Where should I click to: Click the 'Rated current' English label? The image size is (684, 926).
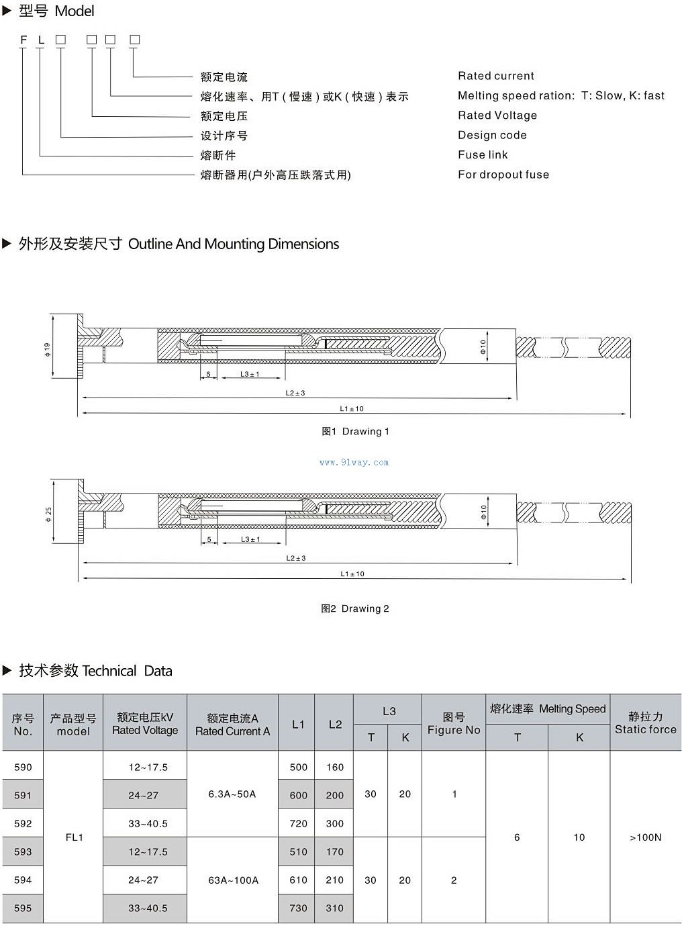tap(496, 76)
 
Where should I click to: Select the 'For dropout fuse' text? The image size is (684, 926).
tap(503, 175)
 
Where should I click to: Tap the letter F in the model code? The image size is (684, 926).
tap(23, 40)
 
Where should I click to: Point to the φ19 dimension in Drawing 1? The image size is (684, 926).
tap(47, 350)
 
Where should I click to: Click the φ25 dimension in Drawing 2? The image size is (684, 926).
tap(48, 515)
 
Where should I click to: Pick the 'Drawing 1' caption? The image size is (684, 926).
tap(355, 431)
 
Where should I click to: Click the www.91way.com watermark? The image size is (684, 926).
tap(354, 462)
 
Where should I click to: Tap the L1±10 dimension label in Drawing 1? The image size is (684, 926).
tap(352, 408)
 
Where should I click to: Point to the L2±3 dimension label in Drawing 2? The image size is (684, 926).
tap(295, 558)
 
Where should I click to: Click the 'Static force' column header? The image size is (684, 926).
tap(645, 723)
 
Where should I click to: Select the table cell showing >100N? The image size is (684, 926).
tap(645, 837)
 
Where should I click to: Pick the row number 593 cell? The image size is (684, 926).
tap(23, 851)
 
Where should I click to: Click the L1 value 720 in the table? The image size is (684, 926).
tap(298, 823)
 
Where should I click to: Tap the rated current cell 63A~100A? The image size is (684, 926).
tap(233, 880)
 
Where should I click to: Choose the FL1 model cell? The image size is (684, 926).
tap(74, 837)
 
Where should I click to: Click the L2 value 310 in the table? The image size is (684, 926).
tap(334, 908)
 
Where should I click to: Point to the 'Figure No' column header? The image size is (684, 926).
tap(454, 723)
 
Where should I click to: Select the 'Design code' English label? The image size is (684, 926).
tap(492, 135)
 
